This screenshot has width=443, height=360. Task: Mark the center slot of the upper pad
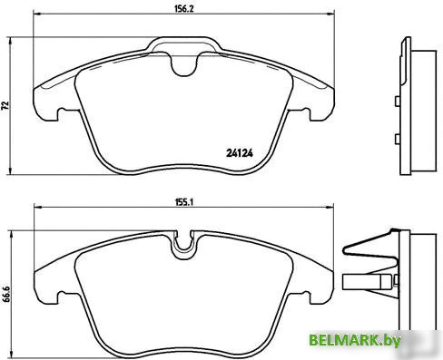186,63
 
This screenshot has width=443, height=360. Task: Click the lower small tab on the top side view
399,139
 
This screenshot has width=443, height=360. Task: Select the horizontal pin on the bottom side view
368,283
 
